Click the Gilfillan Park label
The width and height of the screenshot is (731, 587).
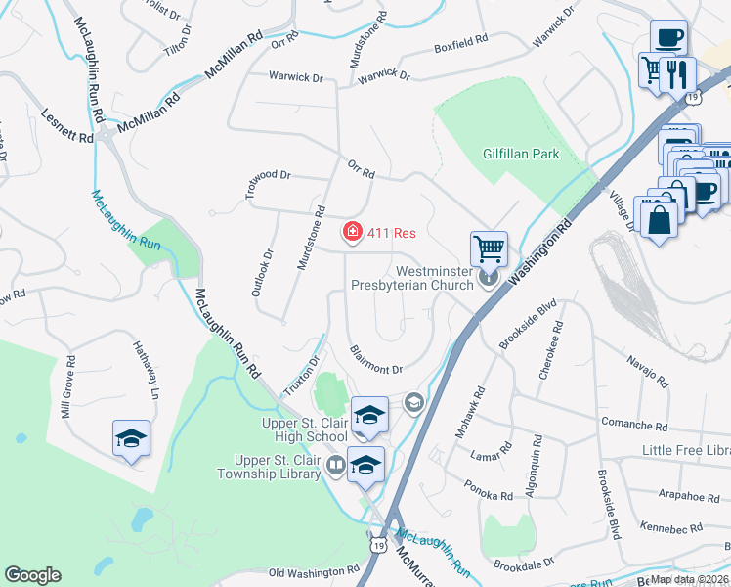(521, 154)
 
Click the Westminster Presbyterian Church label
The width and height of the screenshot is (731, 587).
(416, 279)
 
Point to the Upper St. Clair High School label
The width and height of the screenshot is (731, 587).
(304, 429)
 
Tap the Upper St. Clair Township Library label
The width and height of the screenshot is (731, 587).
(277, 467)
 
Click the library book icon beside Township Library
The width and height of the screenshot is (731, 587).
(335, 465)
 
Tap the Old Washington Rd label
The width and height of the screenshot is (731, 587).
(314, 571)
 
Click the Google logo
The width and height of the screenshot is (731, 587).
(32, 575)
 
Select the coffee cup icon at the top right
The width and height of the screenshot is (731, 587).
(668, 38)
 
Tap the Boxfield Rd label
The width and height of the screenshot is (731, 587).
(460, 45)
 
